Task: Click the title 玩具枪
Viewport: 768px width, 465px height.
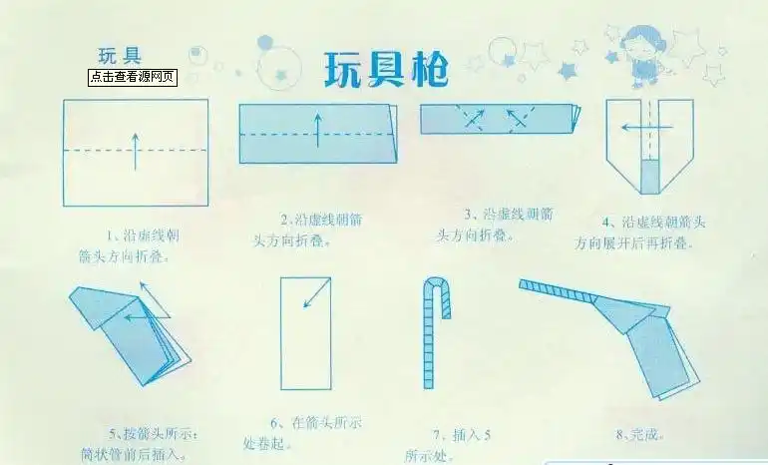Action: pos(386,69)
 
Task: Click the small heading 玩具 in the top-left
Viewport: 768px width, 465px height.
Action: pos(118,54)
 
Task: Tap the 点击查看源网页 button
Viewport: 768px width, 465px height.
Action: pos(133,76)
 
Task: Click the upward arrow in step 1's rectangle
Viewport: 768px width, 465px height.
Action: pos(136,149)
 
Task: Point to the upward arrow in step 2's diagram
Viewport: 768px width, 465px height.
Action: pos(317,130)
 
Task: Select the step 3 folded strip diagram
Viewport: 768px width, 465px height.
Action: pos(499,119)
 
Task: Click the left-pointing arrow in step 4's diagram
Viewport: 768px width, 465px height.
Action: pos(632,128)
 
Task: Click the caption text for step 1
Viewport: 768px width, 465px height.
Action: pos(130,245)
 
